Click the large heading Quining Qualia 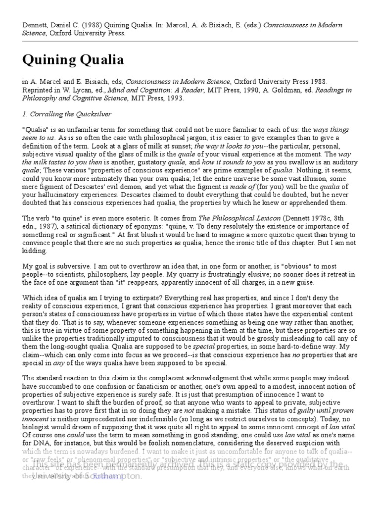(x=73, y=60)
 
